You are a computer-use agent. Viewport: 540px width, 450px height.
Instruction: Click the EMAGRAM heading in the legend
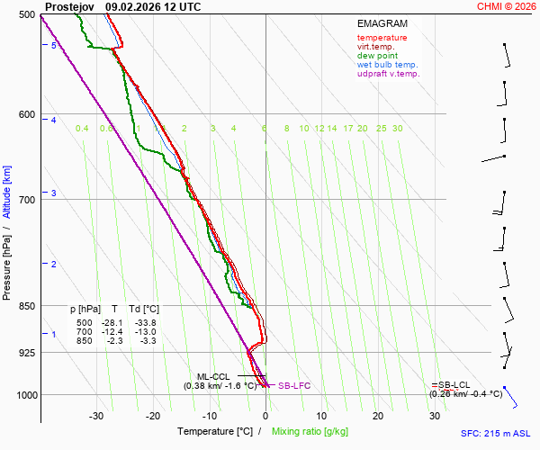click(382, 23)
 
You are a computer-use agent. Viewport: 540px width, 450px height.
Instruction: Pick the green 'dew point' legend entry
click(378, 56)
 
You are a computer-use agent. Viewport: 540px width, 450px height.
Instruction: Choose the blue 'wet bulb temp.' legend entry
click(387, 65)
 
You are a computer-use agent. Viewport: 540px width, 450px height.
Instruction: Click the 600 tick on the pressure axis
click(25, 114)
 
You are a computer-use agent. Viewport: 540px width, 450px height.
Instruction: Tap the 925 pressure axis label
click(25, 353)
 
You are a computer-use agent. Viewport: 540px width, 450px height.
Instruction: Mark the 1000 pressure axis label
click(23, 395)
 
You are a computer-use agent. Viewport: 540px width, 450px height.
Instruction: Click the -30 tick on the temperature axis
click(96, 416)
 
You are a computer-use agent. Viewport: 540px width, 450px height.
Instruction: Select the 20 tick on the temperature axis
click(378, 416)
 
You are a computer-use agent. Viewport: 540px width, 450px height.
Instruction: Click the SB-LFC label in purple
click(294, 385)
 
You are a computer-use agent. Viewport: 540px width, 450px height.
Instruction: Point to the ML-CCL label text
click(214, 376)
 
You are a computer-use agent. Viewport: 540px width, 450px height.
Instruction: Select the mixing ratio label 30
click(397, 129)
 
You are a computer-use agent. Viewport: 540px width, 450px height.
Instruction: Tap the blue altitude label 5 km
click(54, 45)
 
